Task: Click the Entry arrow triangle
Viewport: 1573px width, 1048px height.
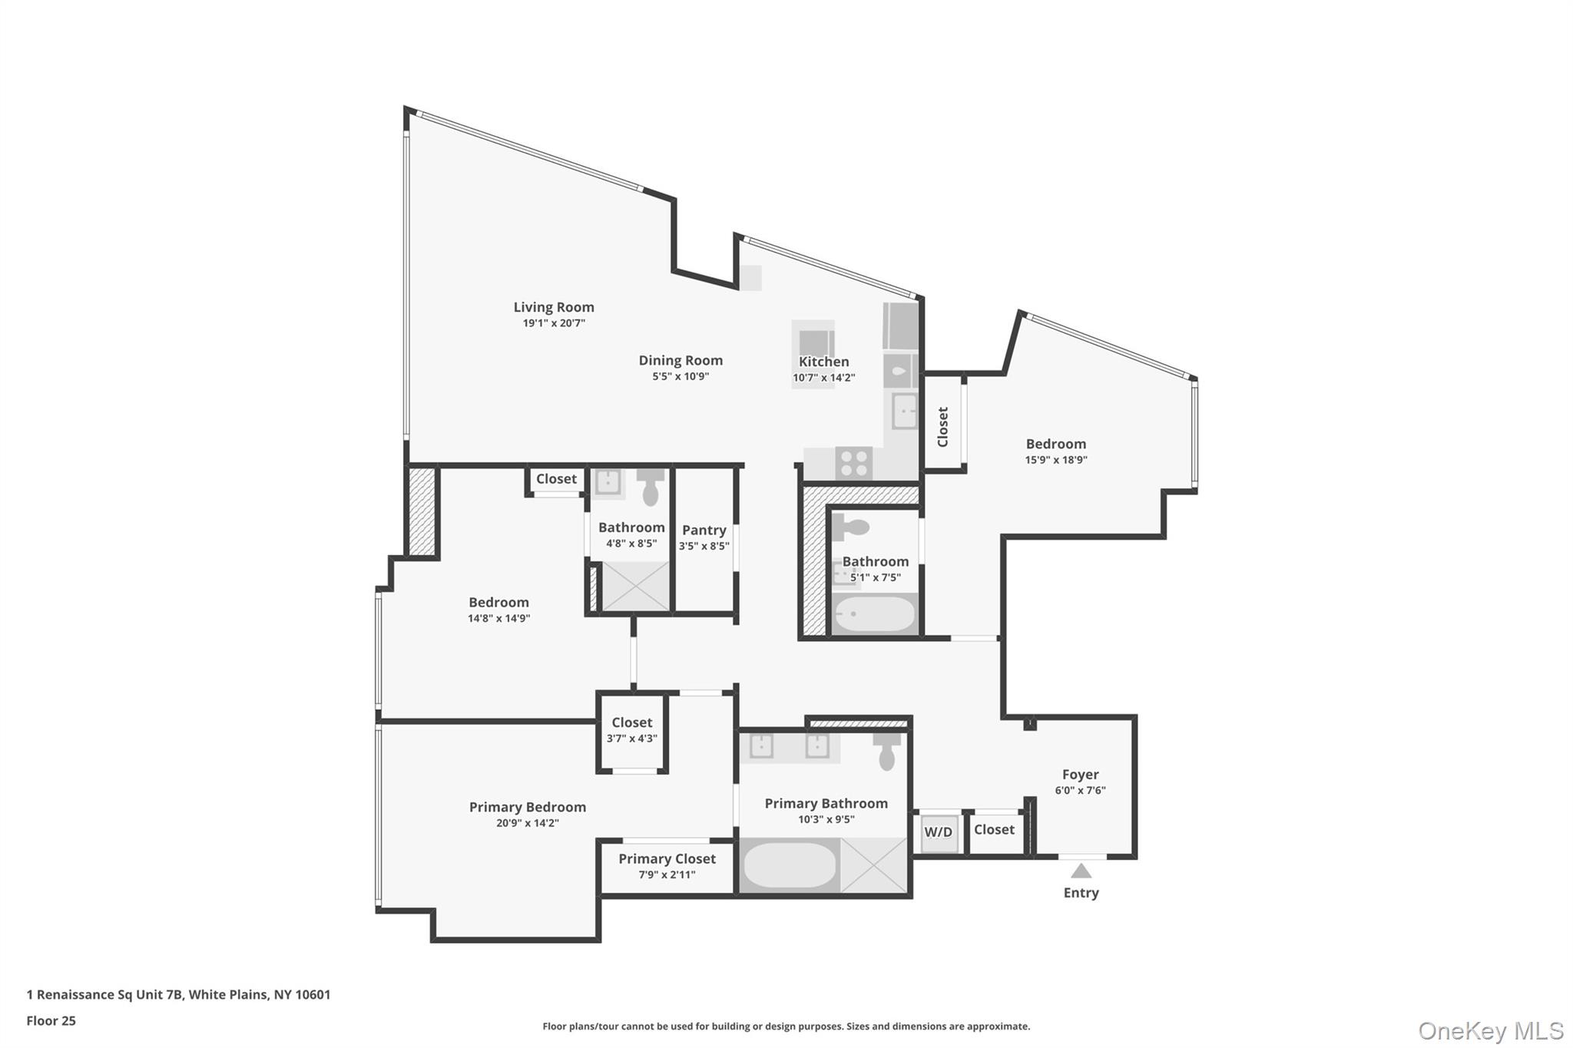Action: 1081,871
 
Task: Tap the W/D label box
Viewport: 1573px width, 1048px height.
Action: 939,832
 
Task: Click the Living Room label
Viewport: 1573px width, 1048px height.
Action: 554,307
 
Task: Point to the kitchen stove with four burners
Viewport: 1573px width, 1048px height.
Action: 853,463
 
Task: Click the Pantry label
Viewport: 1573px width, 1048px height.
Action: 704,530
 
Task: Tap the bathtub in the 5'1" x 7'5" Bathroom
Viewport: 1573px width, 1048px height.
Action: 875,614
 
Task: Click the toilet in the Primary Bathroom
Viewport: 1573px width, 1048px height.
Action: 887,750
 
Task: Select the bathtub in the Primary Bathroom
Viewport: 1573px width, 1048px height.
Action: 790,865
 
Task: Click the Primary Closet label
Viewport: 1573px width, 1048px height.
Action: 667,858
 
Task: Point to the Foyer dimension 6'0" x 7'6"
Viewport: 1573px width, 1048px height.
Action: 1080,790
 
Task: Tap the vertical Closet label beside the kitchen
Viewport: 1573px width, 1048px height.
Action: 943,427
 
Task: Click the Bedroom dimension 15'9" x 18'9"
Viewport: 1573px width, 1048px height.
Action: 1056,460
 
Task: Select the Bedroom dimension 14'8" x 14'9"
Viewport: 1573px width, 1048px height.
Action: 498,618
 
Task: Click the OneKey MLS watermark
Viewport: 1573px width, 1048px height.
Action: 1490,1030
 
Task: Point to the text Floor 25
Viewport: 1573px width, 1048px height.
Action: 51,1021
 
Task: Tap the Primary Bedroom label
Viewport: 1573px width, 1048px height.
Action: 527,807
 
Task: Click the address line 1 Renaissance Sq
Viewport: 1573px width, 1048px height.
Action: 178,994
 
